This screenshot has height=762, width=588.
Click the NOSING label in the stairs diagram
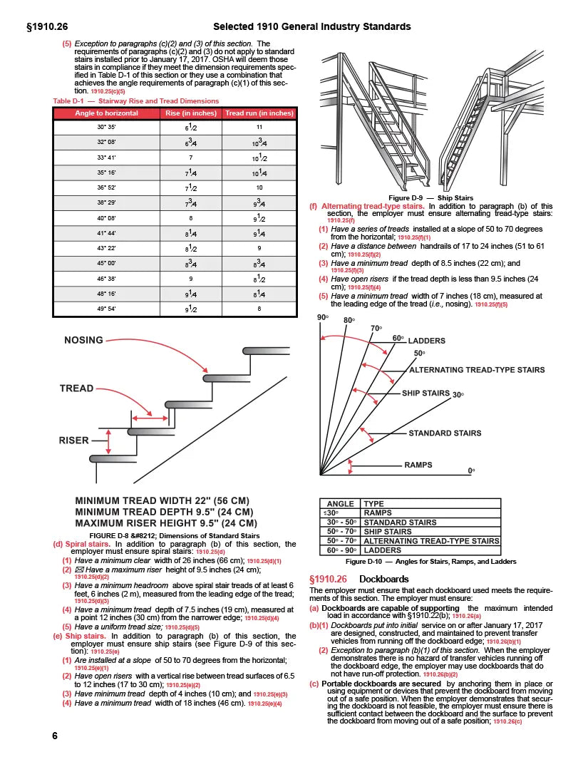(x=83, y=340)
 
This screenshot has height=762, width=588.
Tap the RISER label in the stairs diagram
(x=73, y=441)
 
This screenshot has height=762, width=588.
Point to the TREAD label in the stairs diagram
(x=76, y=388)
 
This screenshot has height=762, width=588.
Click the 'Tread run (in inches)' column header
(x=259, y=113)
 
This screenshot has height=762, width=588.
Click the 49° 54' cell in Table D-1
(x=109, y=309)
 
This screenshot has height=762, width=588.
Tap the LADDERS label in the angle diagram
(x=426, y=341)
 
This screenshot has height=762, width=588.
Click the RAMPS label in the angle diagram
(x=418, y=465)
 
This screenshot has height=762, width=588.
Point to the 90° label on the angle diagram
(x=321, y=316)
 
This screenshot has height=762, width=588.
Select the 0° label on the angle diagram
(x=471, y=471)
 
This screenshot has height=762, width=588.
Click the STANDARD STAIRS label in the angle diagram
(x=444, y=433)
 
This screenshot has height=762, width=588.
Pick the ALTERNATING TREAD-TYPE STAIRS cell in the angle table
(x=431, y=541)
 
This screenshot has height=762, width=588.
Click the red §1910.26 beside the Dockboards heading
(x=328, y=579)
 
